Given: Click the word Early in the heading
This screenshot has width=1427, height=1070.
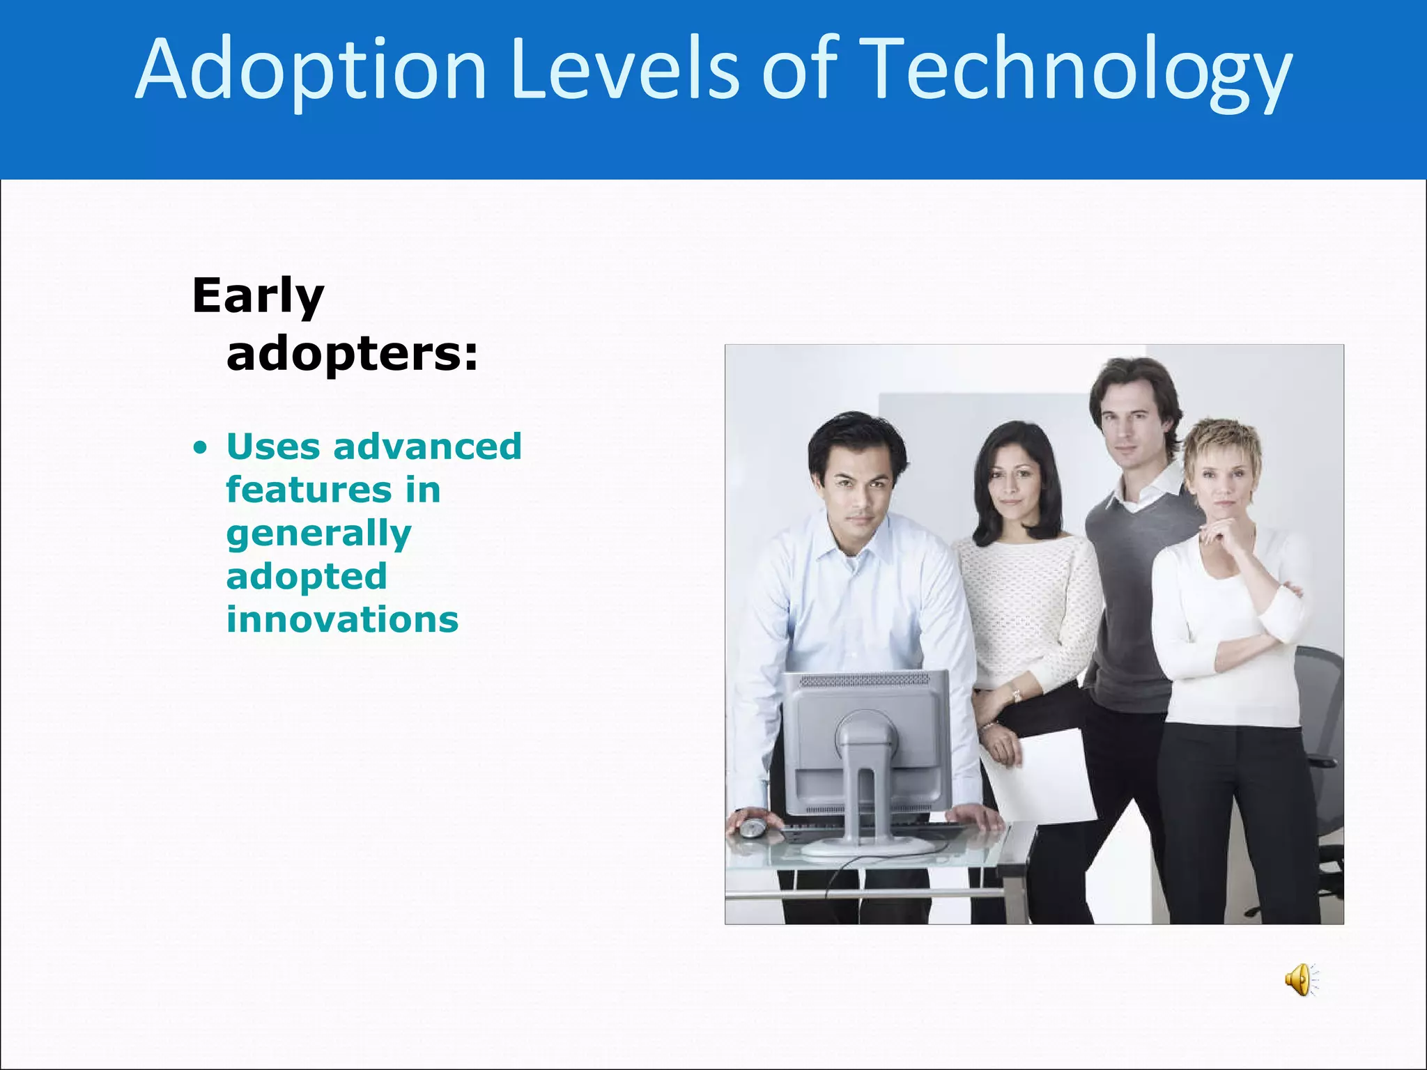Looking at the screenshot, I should click(258, 297).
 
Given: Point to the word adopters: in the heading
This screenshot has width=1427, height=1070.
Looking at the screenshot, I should click(352, 354).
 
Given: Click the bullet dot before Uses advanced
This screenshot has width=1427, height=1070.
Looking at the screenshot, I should click(201, 449).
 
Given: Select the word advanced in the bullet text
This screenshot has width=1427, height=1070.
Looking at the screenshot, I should click(427, 447).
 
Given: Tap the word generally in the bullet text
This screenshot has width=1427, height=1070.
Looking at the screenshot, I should click(318, 534).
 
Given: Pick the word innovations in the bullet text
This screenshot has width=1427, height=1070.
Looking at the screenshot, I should click(342, 619).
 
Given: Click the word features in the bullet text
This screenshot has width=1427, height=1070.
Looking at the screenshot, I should click(309, 490).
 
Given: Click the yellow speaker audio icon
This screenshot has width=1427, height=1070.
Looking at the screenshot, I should click(1299, 980).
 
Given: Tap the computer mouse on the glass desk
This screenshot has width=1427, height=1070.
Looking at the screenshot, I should click(752, 828).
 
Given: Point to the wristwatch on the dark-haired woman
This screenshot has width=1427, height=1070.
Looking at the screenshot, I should click(1016, 695).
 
